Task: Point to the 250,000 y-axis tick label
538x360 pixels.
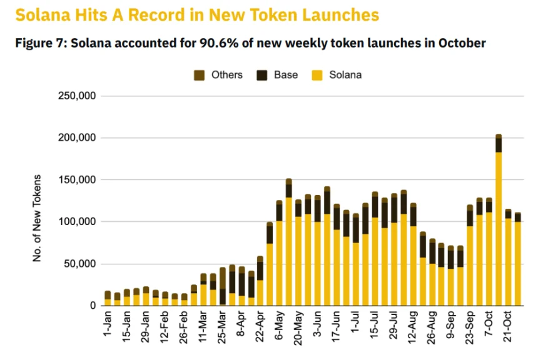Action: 76,96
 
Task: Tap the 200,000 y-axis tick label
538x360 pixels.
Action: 76,138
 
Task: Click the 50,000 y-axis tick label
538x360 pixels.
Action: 79,264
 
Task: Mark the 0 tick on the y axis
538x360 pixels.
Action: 91,306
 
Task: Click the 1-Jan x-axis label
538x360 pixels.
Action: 108,325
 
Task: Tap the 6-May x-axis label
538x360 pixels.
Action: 280,325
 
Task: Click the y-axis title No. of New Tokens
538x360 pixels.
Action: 38,219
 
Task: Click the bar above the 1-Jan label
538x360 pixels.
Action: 108,299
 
